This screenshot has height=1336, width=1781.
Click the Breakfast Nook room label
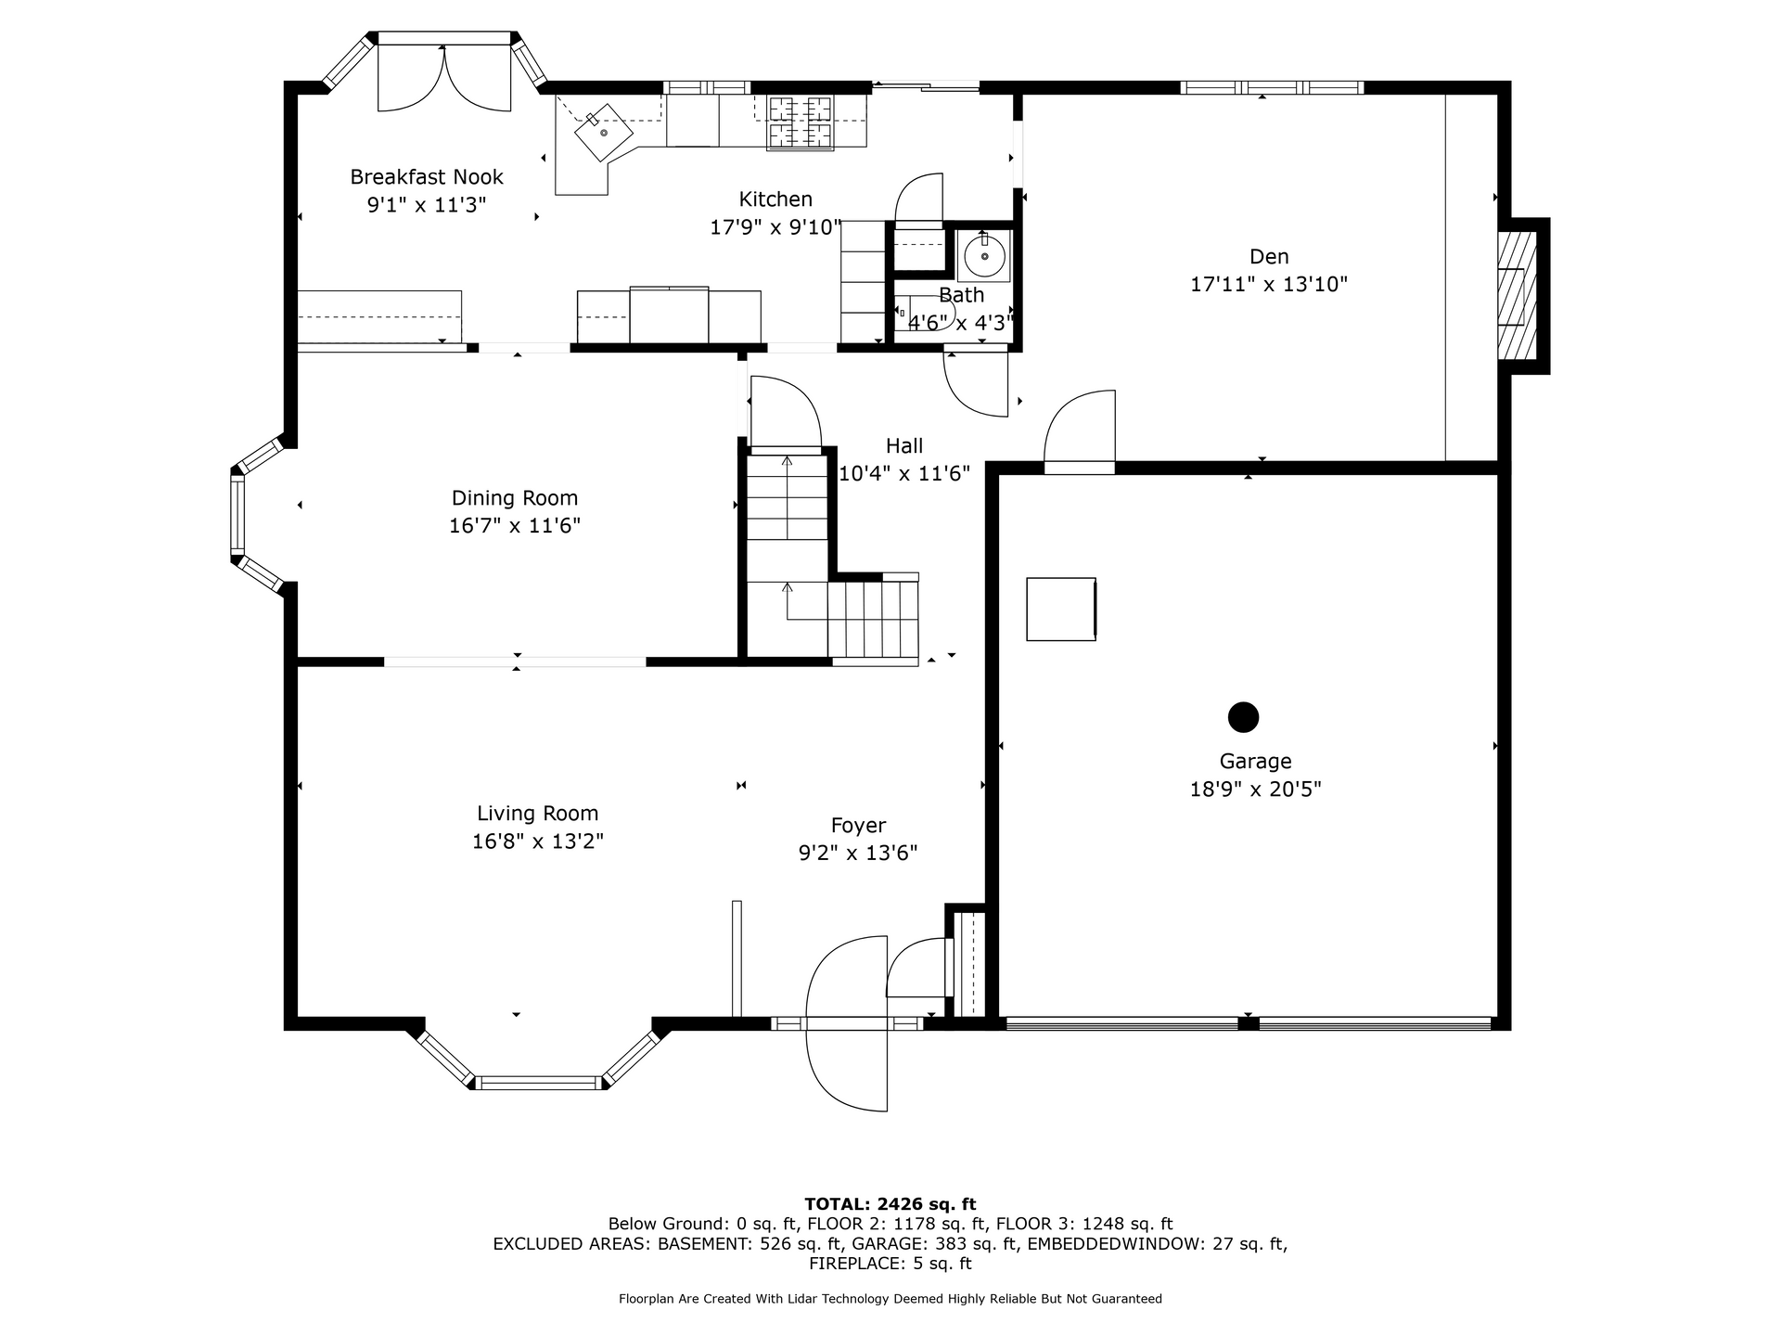427,176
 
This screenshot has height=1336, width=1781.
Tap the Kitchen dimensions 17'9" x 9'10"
775,227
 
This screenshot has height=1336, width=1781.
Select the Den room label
1269,256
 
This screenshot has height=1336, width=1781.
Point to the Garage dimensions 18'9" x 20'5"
1255,790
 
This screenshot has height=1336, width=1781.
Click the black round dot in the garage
1243,717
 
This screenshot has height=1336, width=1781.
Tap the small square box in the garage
1061,609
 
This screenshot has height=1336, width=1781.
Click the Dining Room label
515,498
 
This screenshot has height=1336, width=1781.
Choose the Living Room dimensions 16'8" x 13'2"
538,841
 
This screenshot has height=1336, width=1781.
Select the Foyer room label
858,826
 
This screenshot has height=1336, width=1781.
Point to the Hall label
904,445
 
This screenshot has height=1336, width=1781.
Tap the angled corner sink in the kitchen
603,133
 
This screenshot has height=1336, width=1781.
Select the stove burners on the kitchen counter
800,122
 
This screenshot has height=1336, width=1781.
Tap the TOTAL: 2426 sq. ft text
890,1204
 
